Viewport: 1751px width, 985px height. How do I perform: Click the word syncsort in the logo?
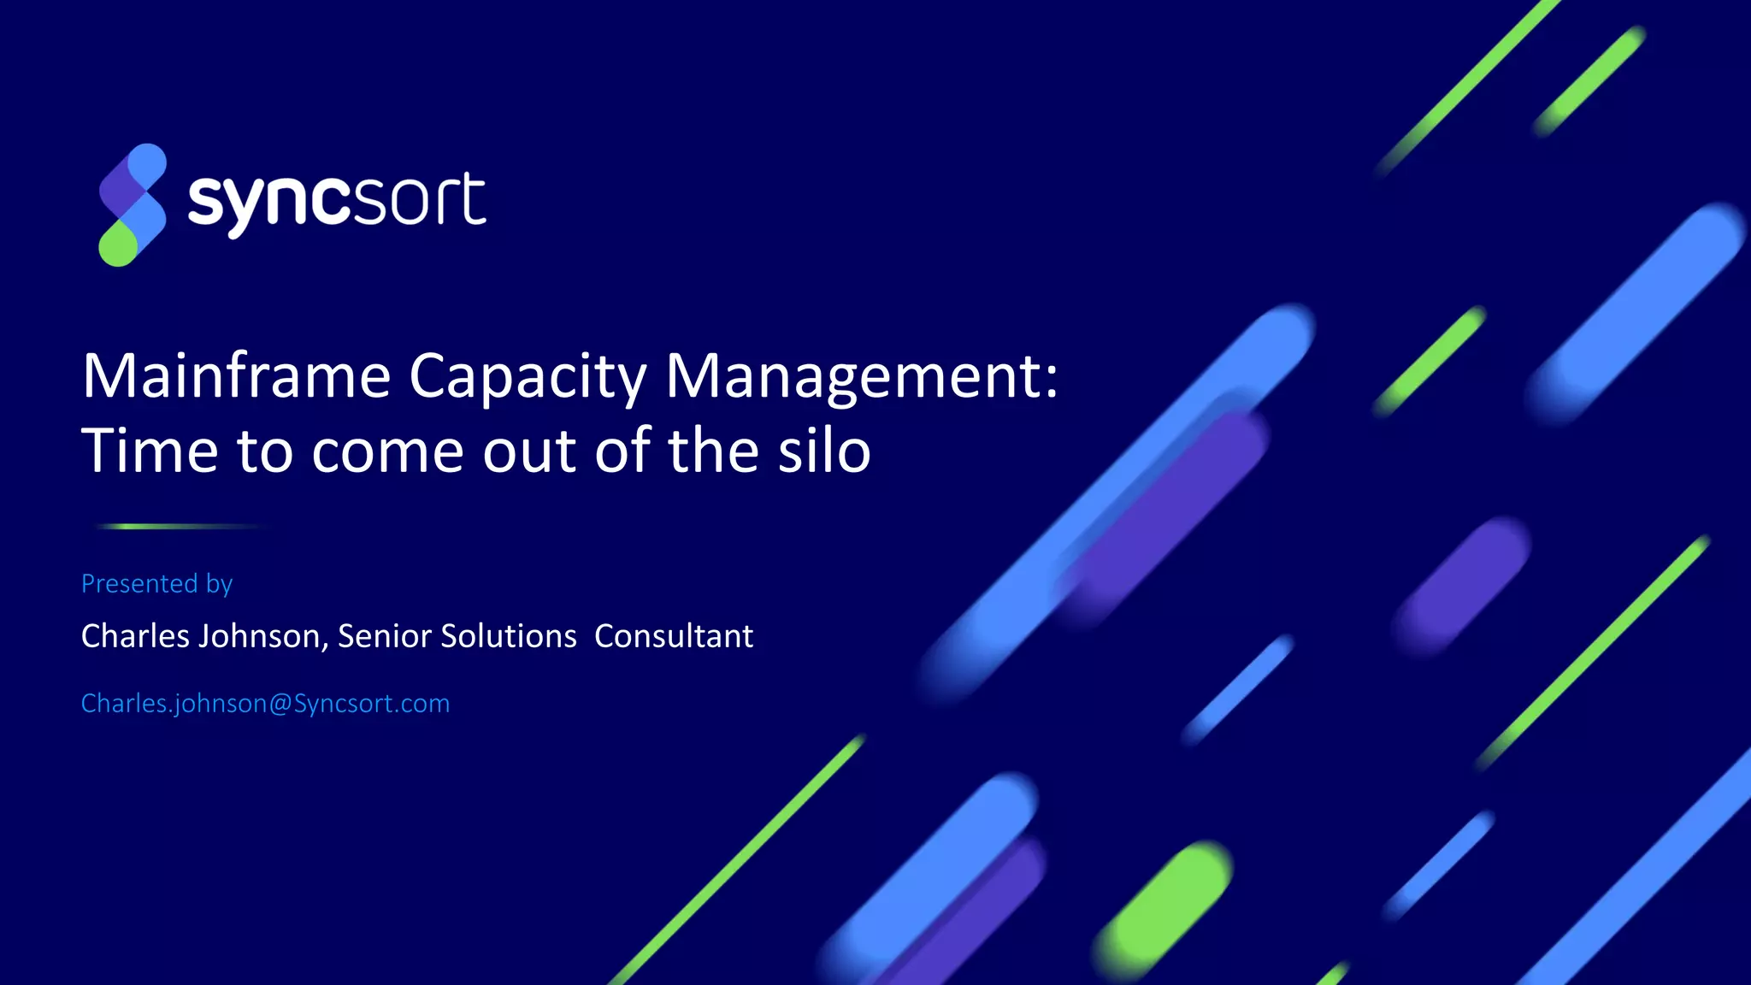[336, 202]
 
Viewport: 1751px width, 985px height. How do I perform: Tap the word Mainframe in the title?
[236, 376]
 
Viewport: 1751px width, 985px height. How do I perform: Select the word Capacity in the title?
[528, 376]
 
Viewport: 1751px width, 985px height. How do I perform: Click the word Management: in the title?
[861, 376]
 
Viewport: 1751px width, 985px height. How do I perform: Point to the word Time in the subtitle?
[150, 451]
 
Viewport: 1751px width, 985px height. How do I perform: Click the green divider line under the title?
[180, 527]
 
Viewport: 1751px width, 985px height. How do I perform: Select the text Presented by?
[156, 583]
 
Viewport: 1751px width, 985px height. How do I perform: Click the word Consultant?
[674, 636]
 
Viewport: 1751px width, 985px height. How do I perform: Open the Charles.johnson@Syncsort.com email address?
[265, 703]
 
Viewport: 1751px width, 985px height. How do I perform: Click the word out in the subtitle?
[530, 451]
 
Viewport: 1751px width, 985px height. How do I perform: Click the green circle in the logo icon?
[118, 246]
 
